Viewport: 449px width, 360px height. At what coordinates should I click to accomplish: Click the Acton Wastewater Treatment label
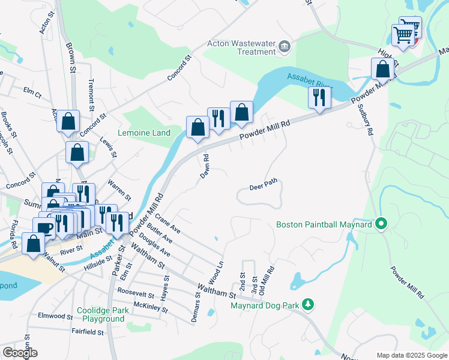click(x=241, y=47)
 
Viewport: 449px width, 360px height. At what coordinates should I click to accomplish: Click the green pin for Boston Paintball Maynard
click(x=381, y=224)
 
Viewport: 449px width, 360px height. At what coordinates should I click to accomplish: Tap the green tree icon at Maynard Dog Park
click(x=308, y=305)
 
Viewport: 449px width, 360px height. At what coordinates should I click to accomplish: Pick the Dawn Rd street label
click(x=205, y=166)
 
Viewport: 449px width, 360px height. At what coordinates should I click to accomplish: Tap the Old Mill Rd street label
click(x=271, y=280)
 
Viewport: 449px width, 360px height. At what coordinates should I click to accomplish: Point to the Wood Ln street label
click(x=220, y=272)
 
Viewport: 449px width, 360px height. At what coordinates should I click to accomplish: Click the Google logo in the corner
click(x=20, y=352)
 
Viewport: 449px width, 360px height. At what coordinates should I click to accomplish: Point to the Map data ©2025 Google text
click(x=411, y=355)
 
